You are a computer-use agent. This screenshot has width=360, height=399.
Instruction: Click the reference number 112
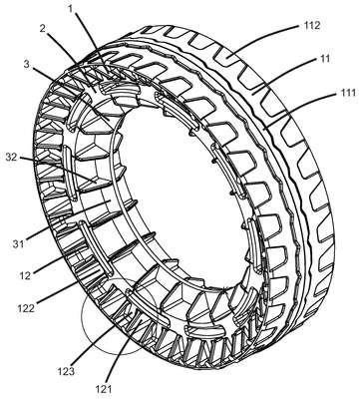pyautogui.click(x=311, y=26)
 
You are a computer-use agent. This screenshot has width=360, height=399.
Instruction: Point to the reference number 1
pyautogui.click(x=70, y=9)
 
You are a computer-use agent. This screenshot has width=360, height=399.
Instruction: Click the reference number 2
pyautogui.click(x=43, y=28)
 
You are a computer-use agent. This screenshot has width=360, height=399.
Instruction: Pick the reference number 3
pyautogui.click(x=27, y=63)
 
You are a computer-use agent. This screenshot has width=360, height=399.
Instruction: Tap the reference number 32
pyautogui.click(x=12, y=157)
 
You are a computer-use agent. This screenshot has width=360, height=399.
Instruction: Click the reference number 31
pyautogui.click(x=19, y=244)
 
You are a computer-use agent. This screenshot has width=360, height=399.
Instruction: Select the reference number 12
pyautogui.click(x=25, y=275)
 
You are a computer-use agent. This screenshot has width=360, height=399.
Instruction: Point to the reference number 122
pyautogui.click(x=26, y=308)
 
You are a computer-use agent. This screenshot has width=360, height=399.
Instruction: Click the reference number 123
pyautogui.click(x=65, y=371)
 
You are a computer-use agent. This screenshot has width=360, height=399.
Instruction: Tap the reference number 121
pyautogui.click(x=105, y=389)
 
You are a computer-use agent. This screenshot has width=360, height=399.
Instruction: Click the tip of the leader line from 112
pyautogui.click(x=229, y=61)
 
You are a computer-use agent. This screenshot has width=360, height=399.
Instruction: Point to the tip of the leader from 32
pyautogui.click(x=97, y=182)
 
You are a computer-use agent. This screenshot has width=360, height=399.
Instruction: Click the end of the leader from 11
pyautogui.click(x=252, y=94)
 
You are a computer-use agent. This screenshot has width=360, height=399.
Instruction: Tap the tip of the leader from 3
pyautogui.click(x=109, y=119)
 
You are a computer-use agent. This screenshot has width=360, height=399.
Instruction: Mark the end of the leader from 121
pyautogui.click(x=143, y=321)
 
